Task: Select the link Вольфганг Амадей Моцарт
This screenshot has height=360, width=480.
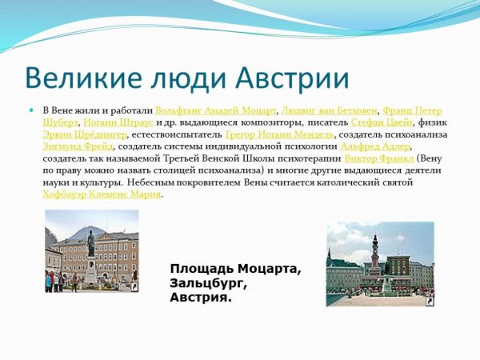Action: pos(216,110)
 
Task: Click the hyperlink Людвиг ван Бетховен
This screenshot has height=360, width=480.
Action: pos(329,110)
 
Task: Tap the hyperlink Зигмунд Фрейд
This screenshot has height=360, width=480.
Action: pos(78,146)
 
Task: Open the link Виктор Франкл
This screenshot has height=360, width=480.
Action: pos(370,158)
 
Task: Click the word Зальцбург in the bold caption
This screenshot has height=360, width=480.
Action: pos(210,283)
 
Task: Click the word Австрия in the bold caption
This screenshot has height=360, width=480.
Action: pos(200,298)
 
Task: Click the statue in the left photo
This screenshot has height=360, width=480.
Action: pos(90,244)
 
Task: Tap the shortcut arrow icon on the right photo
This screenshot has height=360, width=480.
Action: pos(430,302)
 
